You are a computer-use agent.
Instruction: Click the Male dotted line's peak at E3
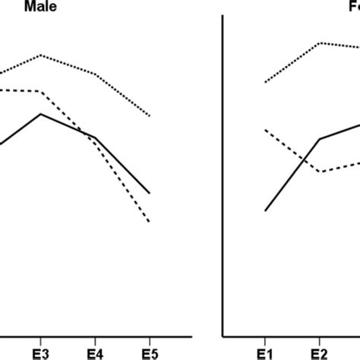click(41, 55)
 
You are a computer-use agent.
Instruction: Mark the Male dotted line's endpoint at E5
click(150, 115)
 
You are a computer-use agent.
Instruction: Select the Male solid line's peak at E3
click(41, 114)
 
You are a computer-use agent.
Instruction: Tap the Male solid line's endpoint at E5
click(150, 193)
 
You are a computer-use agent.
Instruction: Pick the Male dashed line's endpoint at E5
click(150, 222)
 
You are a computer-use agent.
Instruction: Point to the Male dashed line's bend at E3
click(41, 92)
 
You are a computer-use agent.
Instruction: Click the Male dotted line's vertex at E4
click(95, 74)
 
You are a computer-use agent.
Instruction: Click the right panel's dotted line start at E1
click(265, 82)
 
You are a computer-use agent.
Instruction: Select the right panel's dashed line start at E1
click(265, 130)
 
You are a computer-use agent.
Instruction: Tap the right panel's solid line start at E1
click(265, 210)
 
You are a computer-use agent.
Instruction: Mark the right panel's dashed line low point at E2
click(319, 172)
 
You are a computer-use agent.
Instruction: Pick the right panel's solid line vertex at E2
click(319, 139)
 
